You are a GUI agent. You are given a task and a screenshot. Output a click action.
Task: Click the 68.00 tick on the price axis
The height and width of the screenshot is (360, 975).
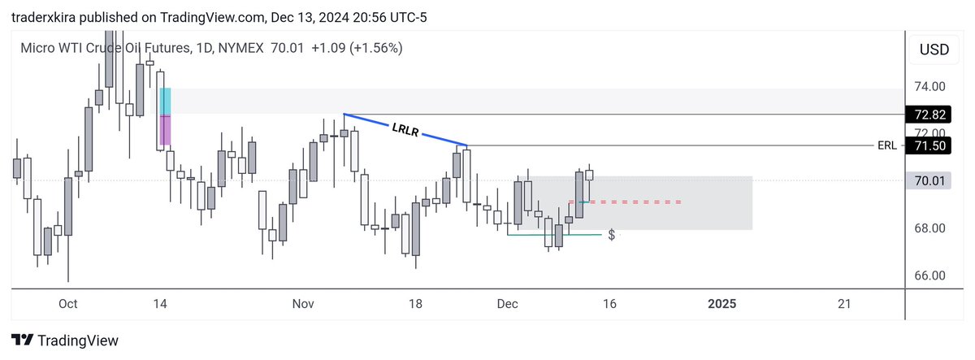click(929, 228)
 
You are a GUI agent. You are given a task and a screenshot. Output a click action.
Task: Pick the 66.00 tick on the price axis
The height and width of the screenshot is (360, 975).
click(929, 275)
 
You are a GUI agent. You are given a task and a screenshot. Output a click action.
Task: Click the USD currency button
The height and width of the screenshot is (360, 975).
click(933, 50)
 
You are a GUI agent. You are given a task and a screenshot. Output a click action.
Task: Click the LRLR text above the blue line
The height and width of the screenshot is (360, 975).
click(404, 130)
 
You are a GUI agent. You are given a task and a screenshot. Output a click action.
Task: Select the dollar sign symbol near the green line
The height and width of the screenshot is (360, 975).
click(611, 235)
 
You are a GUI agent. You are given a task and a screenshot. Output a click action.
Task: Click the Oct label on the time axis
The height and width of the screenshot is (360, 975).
click(67, 304)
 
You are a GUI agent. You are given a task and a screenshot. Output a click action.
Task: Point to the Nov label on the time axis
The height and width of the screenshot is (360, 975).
click(303, 304)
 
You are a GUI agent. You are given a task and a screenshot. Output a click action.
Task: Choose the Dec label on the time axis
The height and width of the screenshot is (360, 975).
click(507, 304)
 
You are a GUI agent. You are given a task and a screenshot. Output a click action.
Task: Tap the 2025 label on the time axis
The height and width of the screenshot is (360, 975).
click(721, 304)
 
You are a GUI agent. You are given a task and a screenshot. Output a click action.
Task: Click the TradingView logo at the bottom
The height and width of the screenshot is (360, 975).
click(65, 340)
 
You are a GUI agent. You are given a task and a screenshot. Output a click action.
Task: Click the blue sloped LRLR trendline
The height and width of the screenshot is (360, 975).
click(405, 130)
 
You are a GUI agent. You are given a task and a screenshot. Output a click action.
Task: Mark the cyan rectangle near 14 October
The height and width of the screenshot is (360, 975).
click(165, 102)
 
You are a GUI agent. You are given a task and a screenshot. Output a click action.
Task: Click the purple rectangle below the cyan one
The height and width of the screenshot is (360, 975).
click(165, 130)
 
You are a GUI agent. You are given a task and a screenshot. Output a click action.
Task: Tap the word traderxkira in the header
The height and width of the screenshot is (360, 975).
click(45, 14)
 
